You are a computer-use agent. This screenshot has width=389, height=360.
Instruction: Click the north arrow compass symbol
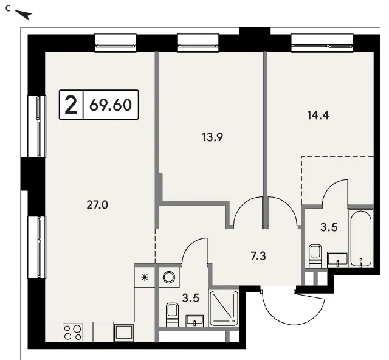[x=23, y=15]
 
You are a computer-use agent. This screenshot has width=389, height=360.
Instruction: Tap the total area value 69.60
[x=111, y=105]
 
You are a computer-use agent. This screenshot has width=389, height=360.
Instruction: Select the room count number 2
[x=71, y=105]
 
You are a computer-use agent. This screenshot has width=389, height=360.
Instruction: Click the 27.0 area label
[x=97, y=206]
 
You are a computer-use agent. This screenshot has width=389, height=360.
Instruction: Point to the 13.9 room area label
[x=213, y=137]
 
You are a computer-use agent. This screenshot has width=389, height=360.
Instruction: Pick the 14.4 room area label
[x=318, y=116]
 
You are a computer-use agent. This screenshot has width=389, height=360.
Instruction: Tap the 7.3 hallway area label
[x=258, y=256]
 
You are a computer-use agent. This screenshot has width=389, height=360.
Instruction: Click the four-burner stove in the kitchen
[x=73, y=333]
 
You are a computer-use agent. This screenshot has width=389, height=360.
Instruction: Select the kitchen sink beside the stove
[x=123, y=333]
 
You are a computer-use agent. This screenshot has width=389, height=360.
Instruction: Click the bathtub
[x=360, y=238]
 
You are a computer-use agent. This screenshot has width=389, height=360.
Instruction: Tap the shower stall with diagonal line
[x=224, y=308]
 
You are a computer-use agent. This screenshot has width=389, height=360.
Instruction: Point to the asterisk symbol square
[x=145, y=277]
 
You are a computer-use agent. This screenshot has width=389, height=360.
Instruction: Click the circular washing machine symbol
[x=169, y=277]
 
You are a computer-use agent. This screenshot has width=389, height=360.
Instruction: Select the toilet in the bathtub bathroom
[x=315, y=256]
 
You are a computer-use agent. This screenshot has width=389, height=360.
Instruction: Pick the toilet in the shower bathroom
[x=172, y=314]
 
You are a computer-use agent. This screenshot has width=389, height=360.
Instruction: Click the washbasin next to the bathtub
[x=337, y=260]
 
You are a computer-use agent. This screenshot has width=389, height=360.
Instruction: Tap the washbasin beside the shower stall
[x=194, y=320]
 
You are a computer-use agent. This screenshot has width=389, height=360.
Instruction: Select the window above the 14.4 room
[x=322, y=43]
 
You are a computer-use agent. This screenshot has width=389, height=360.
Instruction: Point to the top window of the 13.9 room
[x=198, y=43]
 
